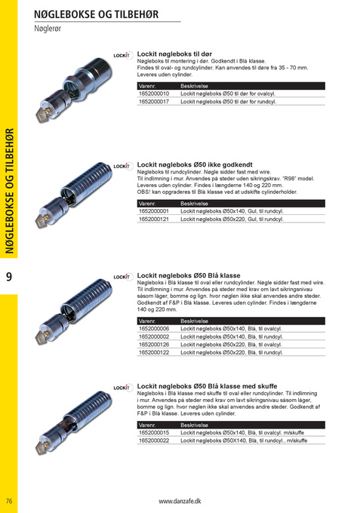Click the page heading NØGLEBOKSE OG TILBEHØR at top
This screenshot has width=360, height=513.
[96, 14]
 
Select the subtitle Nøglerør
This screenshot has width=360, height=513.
[48, 29]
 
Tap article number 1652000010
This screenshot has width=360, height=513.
[154, 94]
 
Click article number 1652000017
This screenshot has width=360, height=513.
[154, 101]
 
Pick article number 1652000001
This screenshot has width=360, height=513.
[154, 211]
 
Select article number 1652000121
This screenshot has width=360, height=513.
[154, 219]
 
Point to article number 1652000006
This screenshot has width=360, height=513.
[154, 328]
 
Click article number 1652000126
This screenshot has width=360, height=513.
[154, 344]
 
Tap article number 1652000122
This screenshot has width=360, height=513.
[154, 352]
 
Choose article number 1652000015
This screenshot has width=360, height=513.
[154, 432]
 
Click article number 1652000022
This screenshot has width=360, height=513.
[154, 441]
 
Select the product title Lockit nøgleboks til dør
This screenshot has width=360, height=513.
[174, 54]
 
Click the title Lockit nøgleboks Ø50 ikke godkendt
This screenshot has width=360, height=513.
[195, 164]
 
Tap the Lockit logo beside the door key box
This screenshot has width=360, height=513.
[122, 55]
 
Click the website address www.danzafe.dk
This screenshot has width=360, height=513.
[180, 501]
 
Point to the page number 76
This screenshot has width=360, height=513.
[9, 501]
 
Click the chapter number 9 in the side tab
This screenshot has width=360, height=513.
[9, 277]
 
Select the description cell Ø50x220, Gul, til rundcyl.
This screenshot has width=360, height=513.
[232, 219]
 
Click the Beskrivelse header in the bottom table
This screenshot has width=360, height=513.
[195, 425]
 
